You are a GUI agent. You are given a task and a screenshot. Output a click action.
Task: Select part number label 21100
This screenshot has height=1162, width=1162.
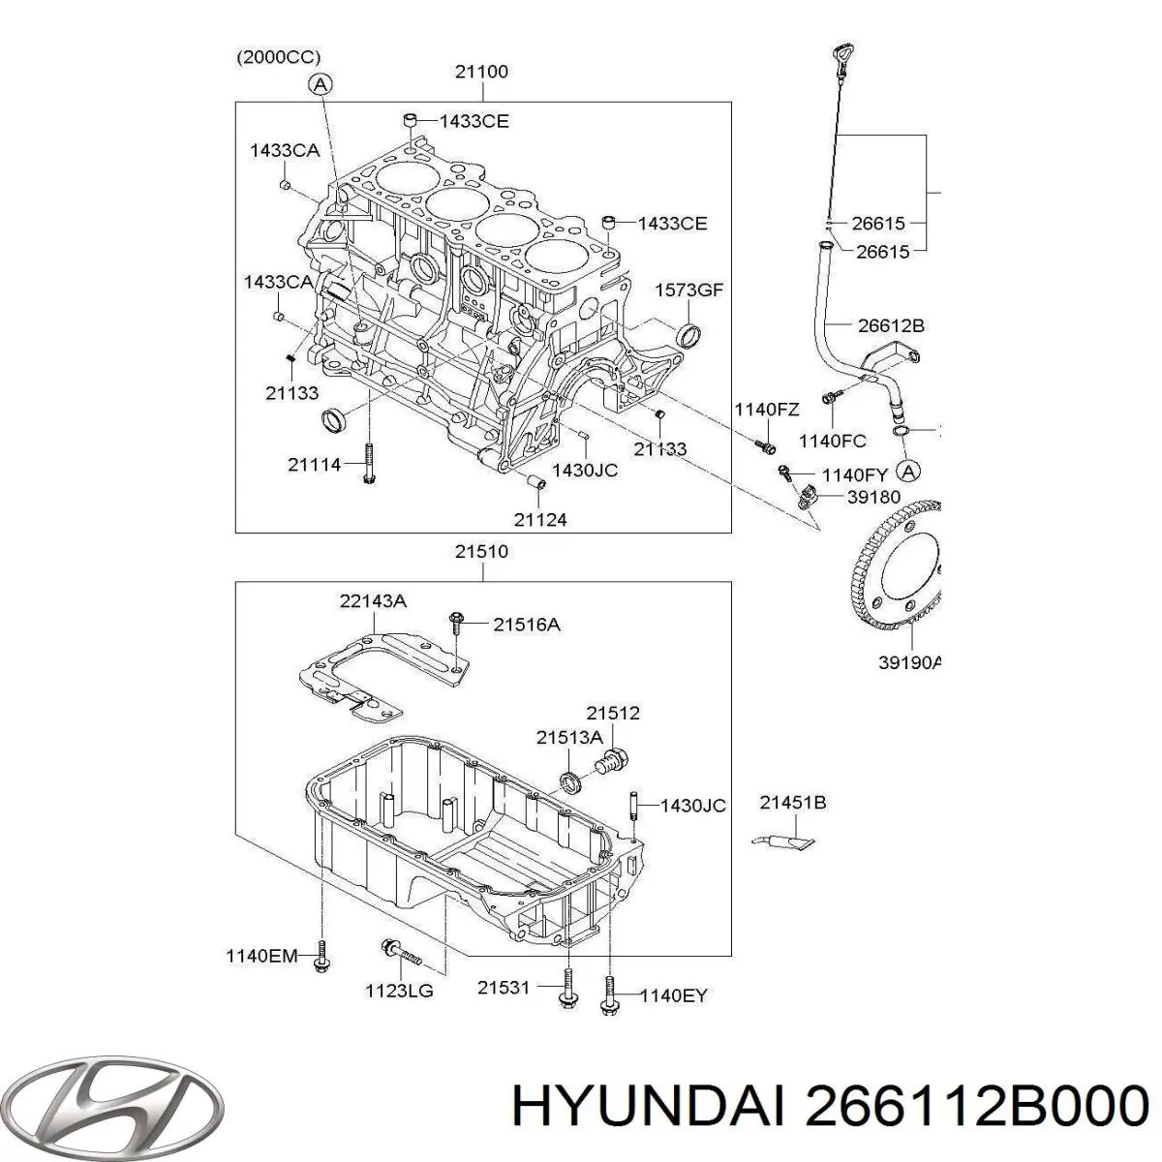[x=481, y=72]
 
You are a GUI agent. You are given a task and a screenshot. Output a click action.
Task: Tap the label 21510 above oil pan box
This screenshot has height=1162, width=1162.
[x=481, y=552]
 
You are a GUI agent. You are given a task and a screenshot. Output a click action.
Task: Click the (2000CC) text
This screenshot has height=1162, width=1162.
[x=279, y=58]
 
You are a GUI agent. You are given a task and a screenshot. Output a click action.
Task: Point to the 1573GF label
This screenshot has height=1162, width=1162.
[x=689, y=290]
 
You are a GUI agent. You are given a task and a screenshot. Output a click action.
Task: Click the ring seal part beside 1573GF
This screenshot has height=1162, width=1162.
[x=689, y=336]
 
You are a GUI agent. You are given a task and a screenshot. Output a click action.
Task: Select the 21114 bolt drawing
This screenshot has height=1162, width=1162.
[x=369, y=465]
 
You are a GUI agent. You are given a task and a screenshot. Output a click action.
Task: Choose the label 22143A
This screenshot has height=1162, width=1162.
[x=373, y=601]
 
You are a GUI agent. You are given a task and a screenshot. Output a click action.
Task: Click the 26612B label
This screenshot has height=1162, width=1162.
[x=889, y=325]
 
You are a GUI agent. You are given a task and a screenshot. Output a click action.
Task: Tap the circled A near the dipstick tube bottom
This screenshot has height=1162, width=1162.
[x=906, y=472]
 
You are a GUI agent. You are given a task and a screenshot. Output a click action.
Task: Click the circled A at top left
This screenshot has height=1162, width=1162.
[x=320, y=84]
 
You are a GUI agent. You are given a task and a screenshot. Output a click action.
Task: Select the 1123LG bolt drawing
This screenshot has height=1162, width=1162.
[x=399, y=952]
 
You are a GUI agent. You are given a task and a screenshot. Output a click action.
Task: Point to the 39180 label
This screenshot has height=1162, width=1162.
[x=872, y=497]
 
